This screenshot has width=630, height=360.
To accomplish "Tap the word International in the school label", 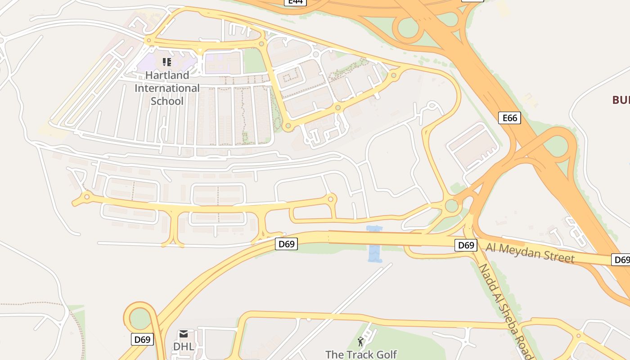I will (167, 88).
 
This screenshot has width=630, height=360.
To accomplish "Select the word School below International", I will (167, 100).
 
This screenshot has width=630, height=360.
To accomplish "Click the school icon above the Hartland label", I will (167, 62).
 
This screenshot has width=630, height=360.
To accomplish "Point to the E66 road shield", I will (509, 118).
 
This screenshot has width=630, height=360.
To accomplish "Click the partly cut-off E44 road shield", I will (295, 2).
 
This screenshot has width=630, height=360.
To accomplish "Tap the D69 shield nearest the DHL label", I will (142, 339).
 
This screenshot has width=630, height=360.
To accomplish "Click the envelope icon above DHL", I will (184, 334).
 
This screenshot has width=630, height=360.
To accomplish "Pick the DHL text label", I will (184, 346).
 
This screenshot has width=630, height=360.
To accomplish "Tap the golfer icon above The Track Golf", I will (360, 342).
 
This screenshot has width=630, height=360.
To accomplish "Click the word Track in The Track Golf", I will (361, 355).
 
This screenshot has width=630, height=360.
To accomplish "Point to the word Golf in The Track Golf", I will (387, 355).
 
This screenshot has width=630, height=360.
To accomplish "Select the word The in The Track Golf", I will (334, 355).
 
